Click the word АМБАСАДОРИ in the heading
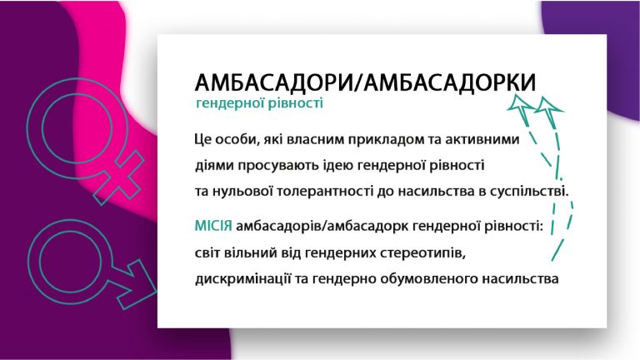pos(272,82)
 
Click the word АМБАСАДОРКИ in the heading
pos(450,82)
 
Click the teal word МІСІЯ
pos(213,226)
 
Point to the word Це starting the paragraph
pos(202,140)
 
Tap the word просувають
pos(276,166)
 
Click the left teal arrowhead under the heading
pos(521,104)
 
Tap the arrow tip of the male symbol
pos(154,291)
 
